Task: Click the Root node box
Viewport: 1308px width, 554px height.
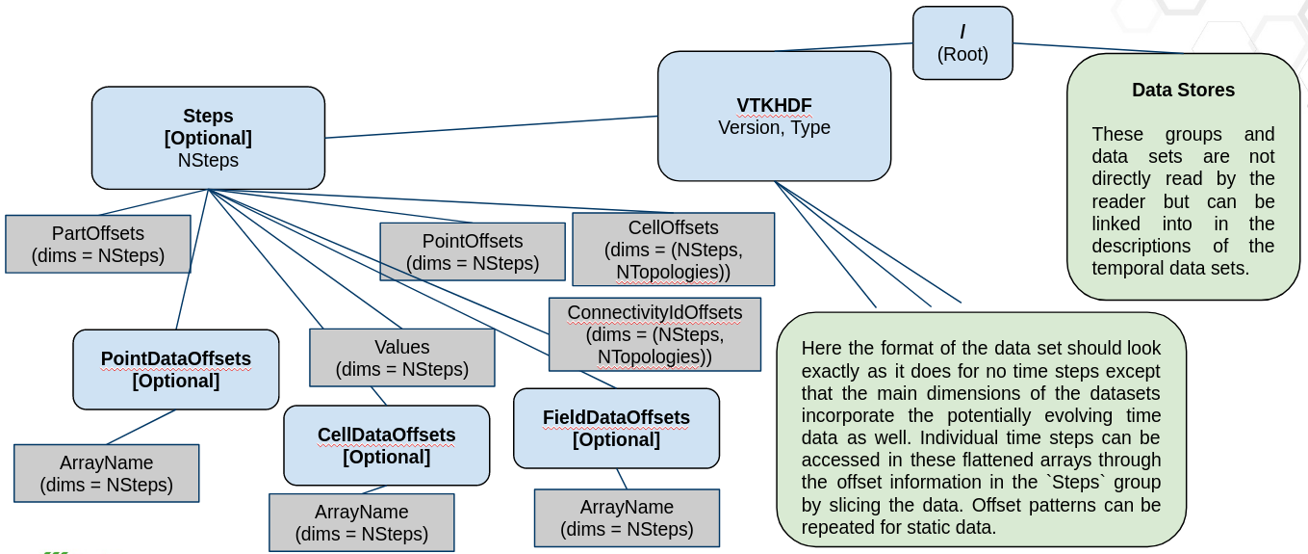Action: pyautogui.click(x=962, y=43)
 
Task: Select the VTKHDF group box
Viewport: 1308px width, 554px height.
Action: pyautogui.click(x=774, y=116)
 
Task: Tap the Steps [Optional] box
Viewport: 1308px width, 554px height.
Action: pyautogui.click(x=208, y=138)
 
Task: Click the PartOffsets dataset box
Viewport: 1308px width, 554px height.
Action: pyautogui.click(x=97, y=245)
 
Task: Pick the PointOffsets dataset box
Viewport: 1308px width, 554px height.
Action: pyautogui.click(x=472, y=252)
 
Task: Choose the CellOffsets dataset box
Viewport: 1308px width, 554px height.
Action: pyautogui.click(x=673, y=250)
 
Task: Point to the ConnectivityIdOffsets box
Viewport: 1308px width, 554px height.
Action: pyautogui.click(x=654, y=334)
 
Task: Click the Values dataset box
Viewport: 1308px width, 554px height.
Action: pyautogui.click(x=401, y=357)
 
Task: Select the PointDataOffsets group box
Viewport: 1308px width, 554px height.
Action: pyautogui.click(x=175, y=369)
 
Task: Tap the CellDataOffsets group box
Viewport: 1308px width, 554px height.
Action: pyautogui.click(x=386, y=445)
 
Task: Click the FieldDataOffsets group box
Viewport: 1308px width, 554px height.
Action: pyautogui.click(x=616, y=428)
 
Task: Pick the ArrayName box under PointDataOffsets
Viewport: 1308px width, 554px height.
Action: pyautogui.click(x=106, y=473)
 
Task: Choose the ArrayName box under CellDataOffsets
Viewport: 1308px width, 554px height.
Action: pyautogui.click(x=361, y=522)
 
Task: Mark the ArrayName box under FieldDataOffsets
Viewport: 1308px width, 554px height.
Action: pyautogui.click(x=627, y=517)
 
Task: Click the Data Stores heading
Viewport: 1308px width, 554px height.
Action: pyautogui.click(x=1183, y=91)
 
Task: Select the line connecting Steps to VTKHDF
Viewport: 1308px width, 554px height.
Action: pyautogui.click(x=491, y=127)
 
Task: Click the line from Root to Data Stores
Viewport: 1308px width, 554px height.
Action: pyautogui.click(x=1097, y=48)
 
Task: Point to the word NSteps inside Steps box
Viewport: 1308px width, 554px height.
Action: pyautogui.click(x=208, y=160)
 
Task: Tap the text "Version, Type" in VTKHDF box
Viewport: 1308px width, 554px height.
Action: pyautogui.click(x=774, y=127)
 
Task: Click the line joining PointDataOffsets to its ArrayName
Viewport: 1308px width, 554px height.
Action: pyautogui.click(x=141, y=427)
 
